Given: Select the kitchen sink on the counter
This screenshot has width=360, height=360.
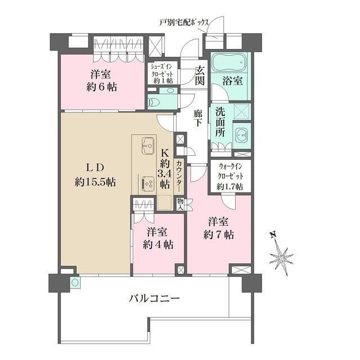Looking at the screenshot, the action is click(x=148, y=146).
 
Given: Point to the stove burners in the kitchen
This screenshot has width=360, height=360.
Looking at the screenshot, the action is click(x=148, y=184).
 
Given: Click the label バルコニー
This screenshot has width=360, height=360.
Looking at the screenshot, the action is click(x=154, y=299).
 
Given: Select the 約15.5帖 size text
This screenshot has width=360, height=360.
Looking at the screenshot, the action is click(x=95, y=182).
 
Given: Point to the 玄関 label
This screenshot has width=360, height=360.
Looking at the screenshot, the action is click(x=200, y=75).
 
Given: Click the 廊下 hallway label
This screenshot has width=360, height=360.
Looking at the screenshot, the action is click(x=197, y=118).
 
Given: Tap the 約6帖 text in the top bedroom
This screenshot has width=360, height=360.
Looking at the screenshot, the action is click(x=101, y=87).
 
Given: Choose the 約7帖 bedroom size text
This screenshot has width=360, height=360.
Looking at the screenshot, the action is click(x=219, y=235).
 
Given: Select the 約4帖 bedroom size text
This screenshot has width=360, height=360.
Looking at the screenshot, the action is click(x=158, y=245).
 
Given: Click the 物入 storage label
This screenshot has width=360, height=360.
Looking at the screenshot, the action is click(x=180, y=205).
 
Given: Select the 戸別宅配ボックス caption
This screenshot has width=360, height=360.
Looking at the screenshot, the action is click(x=184, y=22).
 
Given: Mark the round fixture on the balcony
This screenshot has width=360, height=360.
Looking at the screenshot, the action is click(x=75, y=282).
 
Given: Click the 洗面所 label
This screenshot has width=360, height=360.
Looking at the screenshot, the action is click(x=220, y=122).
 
